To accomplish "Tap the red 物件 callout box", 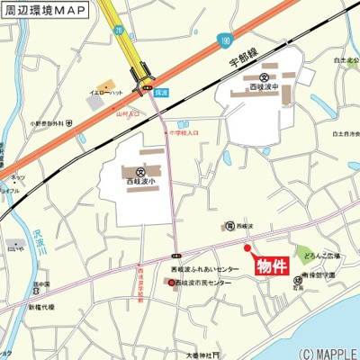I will pos(271,266).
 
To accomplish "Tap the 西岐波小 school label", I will pos(140,184).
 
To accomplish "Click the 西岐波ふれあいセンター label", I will pos(205,268).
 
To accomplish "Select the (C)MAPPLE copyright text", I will pos(328,353).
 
